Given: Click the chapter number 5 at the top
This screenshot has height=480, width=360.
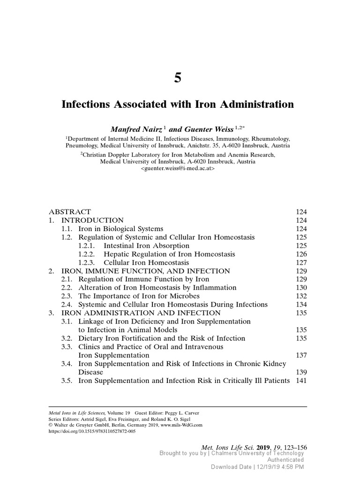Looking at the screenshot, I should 178,78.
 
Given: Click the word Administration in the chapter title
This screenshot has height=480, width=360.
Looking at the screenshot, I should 251,105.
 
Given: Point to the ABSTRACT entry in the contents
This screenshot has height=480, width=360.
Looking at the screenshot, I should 70,212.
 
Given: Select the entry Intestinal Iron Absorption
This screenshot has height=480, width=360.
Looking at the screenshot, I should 146,246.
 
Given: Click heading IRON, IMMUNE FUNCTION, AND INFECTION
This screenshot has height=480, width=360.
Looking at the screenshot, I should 146,271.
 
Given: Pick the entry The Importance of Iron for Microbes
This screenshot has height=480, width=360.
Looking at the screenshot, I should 139,296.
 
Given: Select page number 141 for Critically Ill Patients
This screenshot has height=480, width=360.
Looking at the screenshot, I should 301,381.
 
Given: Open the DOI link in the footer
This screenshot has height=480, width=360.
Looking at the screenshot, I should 92,431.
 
